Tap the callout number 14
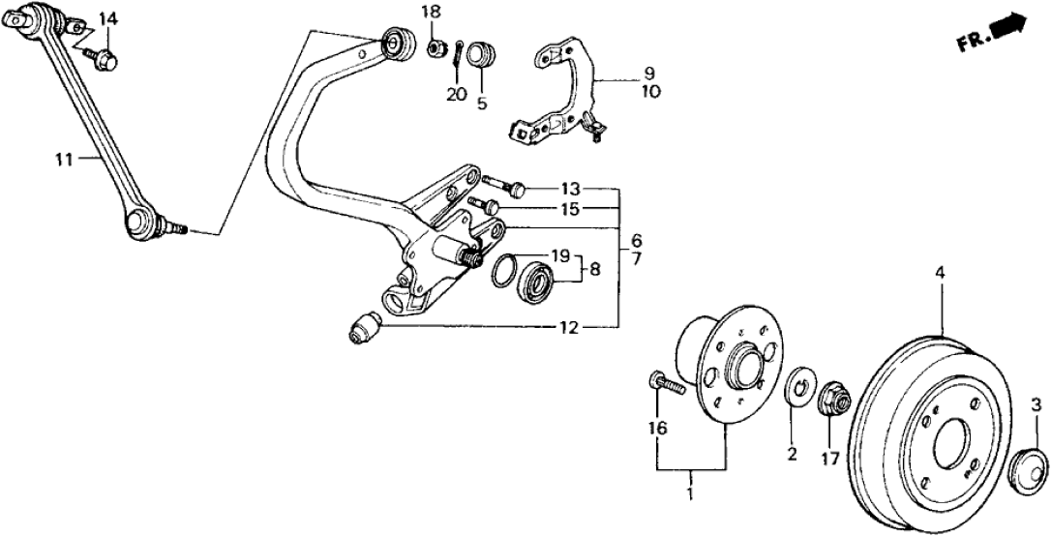click(107, 18)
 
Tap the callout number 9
click(648, 73)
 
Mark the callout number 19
click(560, 255)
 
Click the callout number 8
click(595, 269)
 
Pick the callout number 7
click(636, 259)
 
